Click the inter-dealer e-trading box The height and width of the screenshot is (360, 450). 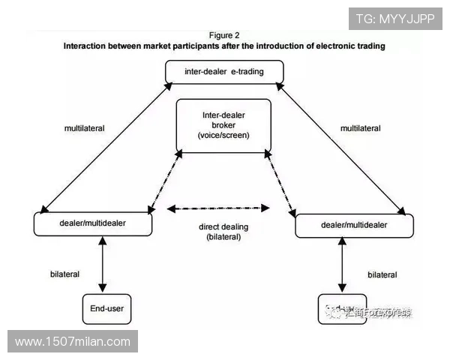point(224,73)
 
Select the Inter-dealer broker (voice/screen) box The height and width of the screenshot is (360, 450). point(223,125)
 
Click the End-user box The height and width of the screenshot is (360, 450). point(107,307)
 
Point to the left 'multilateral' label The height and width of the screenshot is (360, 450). point(85,128)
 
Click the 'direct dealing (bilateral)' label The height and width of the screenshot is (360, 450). point(223,231)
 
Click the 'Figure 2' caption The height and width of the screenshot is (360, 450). point(223,34)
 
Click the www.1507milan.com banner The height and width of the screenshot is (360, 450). point(73,342)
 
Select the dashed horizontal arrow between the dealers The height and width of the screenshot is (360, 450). point(217,208)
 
